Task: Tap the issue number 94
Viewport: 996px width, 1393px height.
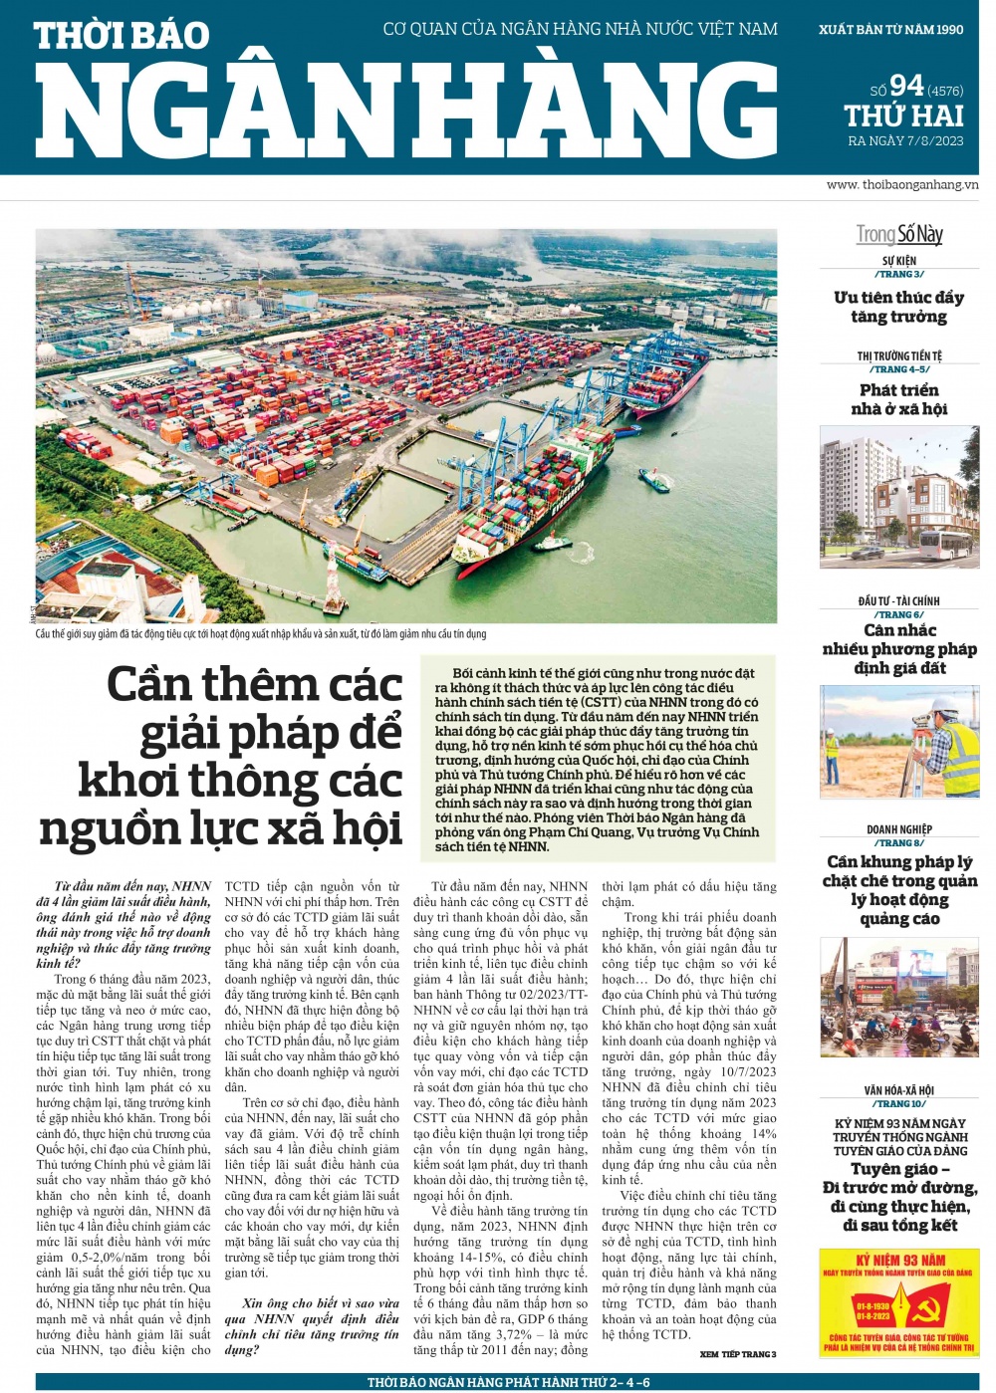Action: coord(906,86)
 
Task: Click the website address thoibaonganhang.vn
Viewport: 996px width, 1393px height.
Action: coord(902,184)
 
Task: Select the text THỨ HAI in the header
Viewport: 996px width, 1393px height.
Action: coord(903,116)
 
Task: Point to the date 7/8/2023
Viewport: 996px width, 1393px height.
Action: coord(935,141)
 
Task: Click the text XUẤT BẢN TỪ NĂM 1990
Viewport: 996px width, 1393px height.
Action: coord(890,30)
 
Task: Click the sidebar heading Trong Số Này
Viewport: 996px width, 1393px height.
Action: coord(899,234)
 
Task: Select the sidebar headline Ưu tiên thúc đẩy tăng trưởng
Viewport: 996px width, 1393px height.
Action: coord(898,307)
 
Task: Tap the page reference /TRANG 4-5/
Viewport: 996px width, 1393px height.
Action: coord(899,369)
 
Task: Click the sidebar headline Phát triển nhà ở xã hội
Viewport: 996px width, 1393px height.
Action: coord(898,399)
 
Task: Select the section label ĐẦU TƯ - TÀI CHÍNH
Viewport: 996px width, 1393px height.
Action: coord(898,600)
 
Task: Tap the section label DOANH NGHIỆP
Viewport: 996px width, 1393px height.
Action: coord(899,828)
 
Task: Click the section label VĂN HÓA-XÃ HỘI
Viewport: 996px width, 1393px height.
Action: coord(899,1090)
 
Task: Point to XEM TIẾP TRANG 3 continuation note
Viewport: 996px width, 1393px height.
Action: coord(737,1354)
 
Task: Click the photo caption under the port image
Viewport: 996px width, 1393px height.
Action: coord(261,634)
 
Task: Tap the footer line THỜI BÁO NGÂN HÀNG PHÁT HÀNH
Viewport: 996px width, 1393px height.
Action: coord(508,1382)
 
